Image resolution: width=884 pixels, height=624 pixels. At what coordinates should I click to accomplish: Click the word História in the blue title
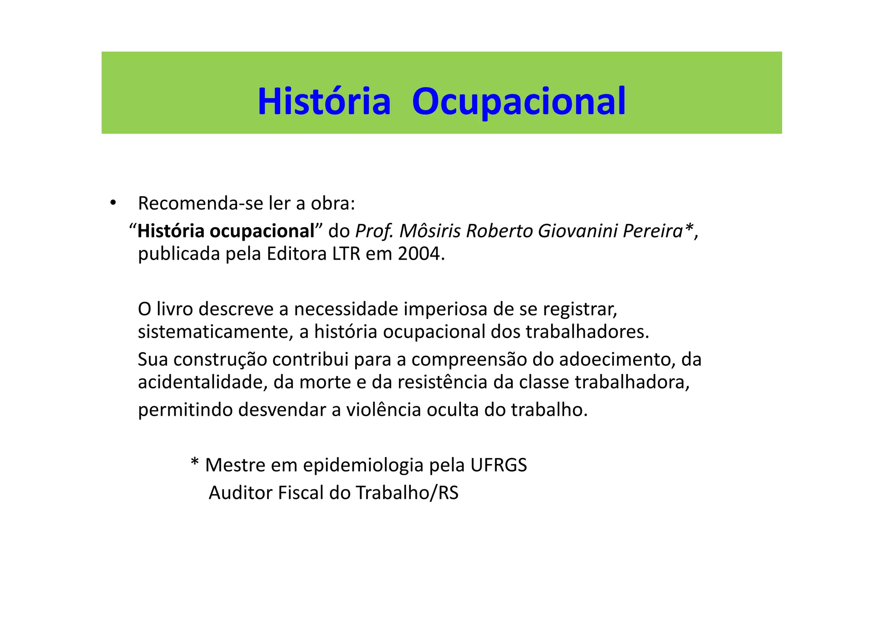pos(324,102)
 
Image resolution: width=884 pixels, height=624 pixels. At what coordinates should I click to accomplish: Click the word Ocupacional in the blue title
pos(518,102)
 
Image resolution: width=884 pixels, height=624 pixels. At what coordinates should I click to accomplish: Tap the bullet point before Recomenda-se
pos(113,203)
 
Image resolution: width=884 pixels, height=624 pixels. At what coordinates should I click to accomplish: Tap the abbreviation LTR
pos(346,254)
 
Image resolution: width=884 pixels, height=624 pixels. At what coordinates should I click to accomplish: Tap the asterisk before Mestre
pos(195,464)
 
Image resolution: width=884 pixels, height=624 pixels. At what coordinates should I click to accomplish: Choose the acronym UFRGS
pos(499,465)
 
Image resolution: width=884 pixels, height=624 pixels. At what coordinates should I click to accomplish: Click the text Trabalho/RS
pos(407,493)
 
